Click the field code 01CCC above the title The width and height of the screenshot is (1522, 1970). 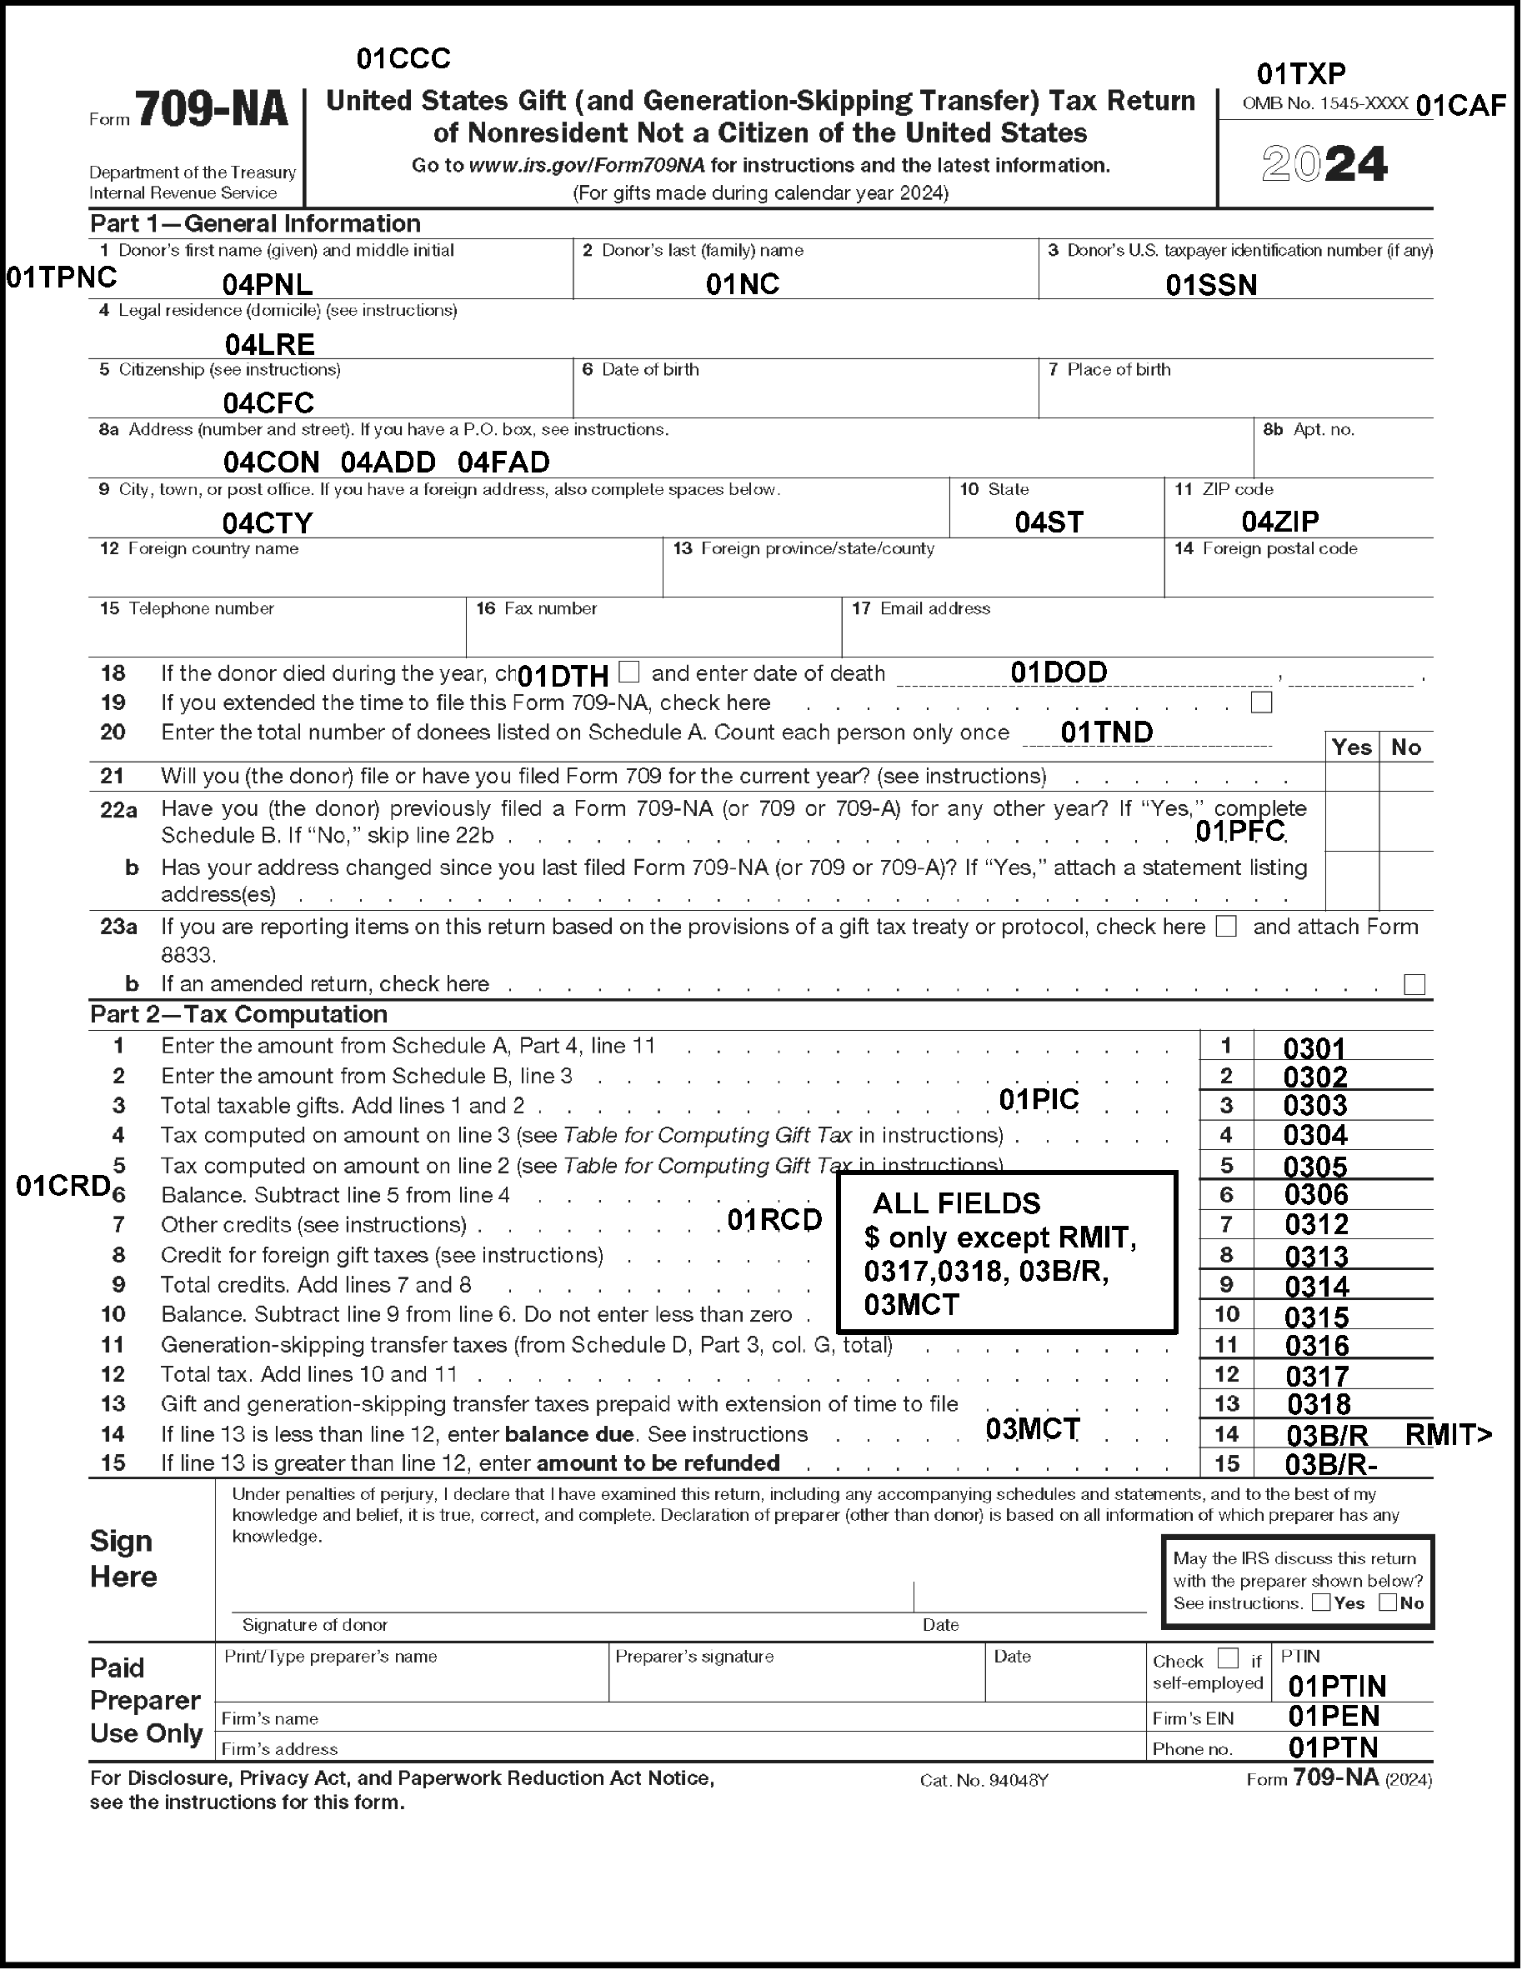pos(403,59)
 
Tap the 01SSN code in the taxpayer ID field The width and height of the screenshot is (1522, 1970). pos(1211,286)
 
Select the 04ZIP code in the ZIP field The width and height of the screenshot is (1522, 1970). pos(1280,522)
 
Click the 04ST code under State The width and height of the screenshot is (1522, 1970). pos(1049,522)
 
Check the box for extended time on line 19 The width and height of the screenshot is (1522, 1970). pos(1261,702)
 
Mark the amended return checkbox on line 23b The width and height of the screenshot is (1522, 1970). pos(1414,984)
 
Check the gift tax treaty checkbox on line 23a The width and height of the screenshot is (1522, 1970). pos(1226,927)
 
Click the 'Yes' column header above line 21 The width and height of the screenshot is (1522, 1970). pos(1351,747)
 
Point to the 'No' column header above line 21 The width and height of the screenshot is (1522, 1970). pos(1405,747)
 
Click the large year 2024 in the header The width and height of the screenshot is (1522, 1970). pos(1324,164)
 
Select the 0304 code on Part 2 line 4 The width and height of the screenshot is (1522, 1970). pos(1315,1136)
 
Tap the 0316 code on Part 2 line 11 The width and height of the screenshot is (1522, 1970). pos(1316,1347)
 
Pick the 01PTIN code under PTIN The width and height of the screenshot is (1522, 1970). pos(1337,1686)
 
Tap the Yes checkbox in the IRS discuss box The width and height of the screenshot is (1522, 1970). pos(1321,1602)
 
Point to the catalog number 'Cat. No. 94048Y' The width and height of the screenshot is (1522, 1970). pos(984,1781)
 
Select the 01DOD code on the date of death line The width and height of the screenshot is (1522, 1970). pos(1059,672)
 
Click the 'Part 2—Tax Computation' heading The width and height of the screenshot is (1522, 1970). pos(239,1015)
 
